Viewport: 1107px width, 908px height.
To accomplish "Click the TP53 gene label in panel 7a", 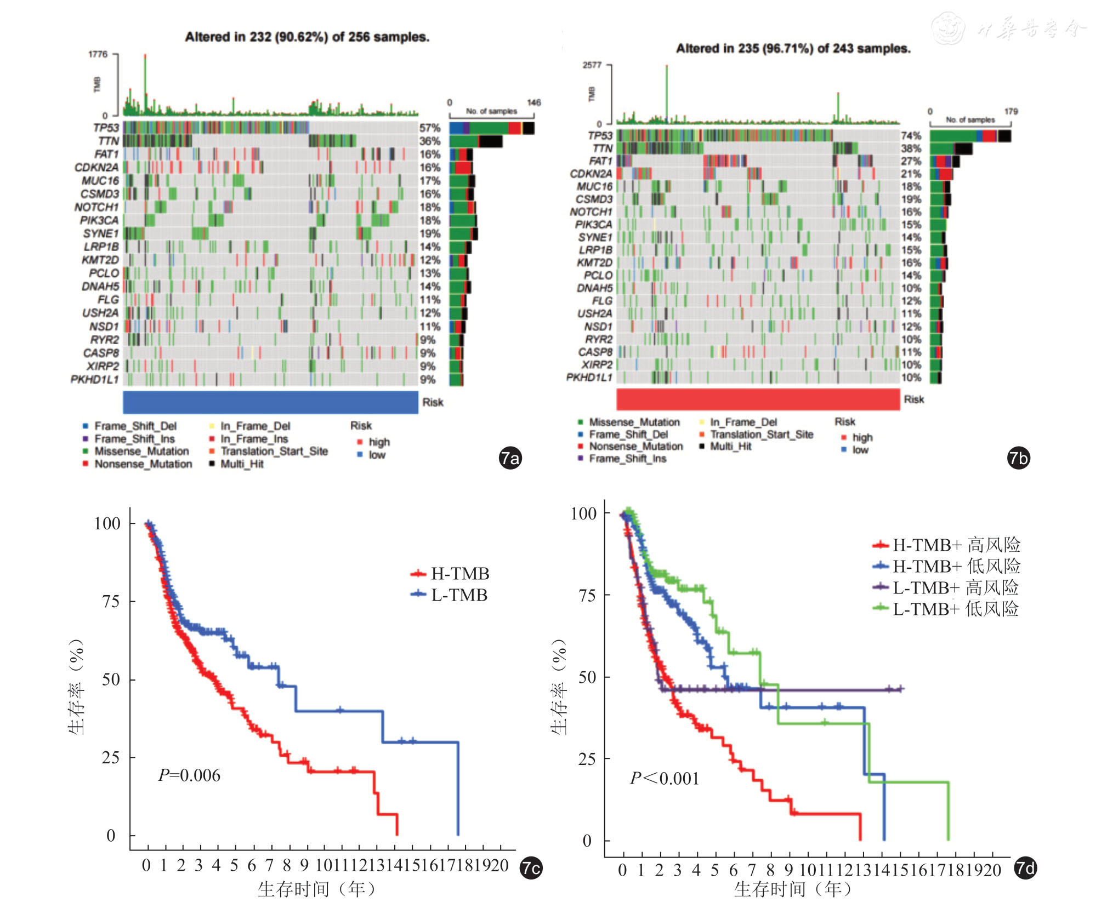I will tap(106, 128).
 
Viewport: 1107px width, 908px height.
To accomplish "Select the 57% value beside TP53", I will tap(430, 128).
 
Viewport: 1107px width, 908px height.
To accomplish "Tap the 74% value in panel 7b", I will tap(911, 135).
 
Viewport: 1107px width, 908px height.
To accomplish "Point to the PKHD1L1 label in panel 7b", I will tap(589, 378).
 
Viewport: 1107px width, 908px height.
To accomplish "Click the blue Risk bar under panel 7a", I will tap(270, 402).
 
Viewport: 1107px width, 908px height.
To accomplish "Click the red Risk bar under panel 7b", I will tap(758, 399).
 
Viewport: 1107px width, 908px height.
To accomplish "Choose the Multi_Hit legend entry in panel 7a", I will tap(241, 464).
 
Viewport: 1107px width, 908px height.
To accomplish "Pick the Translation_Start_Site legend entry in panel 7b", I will tap(761, 435).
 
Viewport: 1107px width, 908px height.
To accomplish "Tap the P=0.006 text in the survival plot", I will tap(189, 775).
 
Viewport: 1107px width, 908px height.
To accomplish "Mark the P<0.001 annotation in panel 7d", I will tap(665, 778).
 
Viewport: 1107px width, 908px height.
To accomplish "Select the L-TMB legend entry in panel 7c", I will tap(458, 595).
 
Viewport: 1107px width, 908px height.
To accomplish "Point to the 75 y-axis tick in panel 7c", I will tap(111, 601).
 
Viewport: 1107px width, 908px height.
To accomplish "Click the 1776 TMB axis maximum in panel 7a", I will tap(98, 54).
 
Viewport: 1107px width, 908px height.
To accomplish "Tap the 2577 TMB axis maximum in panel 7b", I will tap(592, 65).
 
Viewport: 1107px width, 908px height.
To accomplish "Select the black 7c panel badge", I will tap(531, 868).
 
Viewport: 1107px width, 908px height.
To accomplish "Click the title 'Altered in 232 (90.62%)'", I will tap(307, 37).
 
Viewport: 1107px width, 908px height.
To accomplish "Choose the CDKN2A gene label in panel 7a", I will tap(96, 168).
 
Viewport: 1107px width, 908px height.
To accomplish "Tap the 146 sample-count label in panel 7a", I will tap(533, 102).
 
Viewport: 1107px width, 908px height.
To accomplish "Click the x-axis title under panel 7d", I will tap(793, 889).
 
